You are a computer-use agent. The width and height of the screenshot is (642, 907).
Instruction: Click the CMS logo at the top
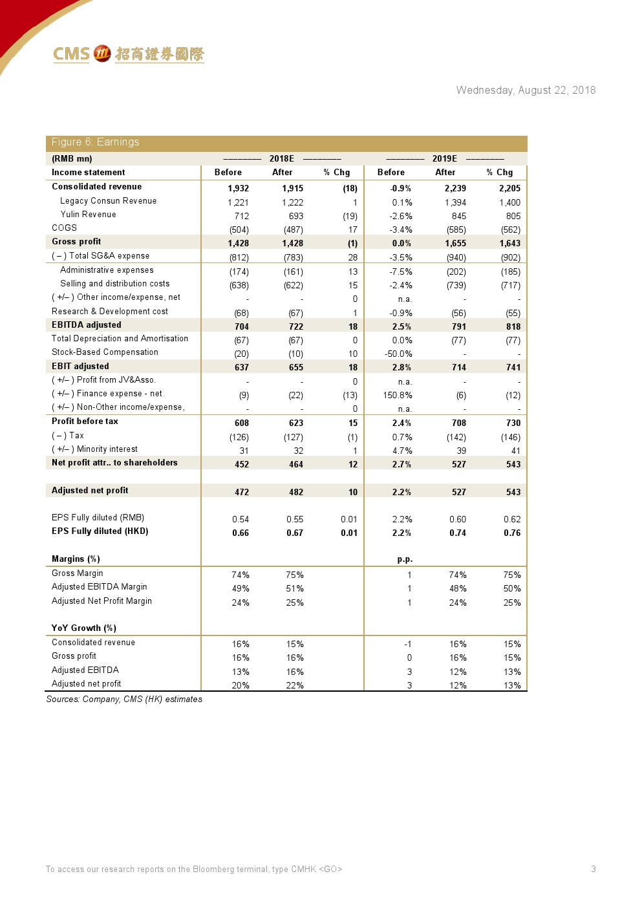pos(128,54)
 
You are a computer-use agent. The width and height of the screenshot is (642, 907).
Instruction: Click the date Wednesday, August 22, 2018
pos(526,91)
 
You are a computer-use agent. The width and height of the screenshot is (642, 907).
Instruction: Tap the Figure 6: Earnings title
pos(95,142)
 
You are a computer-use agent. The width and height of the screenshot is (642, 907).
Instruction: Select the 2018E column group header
pos(281,158)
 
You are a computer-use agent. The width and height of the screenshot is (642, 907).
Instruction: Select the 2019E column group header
pos(444,158)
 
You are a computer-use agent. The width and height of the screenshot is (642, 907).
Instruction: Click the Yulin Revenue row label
pos(88,215)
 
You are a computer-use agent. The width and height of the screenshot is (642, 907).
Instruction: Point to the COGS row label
pos(64,228)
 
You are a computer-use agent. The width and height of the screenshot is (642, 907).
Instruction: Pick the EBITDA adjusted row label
pos(86,325)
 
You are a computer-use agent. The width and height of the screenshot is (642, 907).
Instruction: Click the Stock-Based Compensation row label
pos(105,352)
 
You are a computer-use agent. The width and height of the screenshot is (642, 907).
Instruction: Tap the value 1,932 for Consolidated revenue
pos(238,188)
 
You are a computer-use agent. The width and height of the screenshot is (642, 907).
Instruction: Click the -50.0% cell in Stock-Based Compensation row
pos(398,354)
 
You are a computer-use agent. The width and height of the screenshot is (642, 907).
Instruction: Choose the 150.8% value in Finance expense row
pos(398,395)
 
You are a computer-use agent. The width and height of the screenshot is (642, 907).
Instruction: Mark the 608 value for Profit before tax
pos(241,423)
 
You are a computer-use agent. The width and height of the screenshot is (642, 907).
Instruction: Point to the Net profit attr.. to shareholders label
pos(114,463)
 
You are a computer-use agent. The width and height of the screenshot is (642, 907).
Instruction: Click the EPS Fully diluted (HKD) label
pos(100,531)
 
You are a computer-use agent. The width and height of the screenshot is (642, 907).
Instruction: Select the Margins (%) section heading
pos(76,559)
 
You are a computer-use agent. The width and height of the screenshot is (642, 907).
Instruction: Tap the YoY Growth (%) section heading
pos(83,628)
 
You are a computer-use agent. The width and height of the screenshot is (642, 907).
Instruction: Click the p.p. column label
pos(405,559)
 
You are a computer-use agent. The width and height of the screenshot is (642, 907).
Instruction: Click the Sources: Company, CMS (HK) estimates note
pos(124,699)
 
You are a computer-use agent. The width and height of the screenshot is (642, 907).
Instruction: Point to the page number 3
pos(593,870)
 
